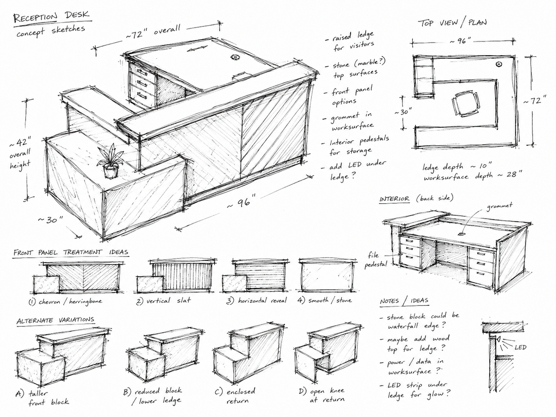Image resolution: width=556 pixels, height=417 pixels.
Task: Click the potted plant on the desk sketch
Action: click(110, 161)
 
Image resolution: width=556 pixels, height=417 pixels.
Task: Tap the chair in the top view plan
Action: click(465, 104)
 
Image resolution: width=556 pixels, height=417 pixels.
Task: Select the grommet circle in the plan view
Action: click(498, 64)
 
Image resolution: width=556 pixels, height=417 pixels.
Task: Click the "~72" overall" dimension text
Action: click(153, 31)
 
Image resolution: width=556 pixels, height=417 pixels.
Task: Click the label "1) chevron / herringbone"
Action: click(65, 301)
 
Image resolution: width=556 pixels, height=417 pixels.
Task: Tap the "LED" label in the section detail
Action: click(520, 347)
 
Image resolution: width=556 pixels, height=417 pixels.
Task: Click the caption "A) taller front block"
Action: click(42, 398)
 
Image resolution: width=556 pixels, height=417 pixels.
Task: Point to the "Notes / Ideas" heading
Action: click(404, 301)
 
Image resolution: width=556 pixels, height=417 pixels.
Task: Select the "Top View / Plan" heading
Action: click(452, 23)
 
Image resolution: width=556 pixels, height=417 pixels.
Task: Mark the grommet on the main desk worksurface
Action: click(235, 57)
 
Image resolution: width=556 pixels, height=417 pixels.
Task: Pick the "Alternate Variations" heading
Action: click(55, 320)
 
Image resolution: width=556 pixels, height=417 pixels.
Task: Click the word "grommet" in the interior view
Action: click(499, 206)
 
